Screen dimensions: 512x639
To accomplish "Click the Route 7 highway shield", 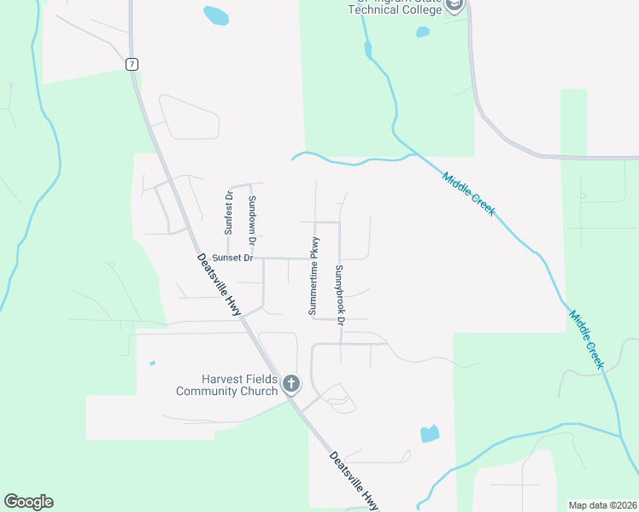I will [131, 64].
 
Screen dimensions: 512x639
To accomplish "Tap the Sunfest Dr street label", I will [229, 212].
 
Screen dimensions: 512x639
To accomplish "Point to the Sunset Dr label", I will [232, 258].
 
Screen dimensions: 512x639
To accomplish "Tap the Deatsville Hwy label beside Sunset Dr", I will [219, 285].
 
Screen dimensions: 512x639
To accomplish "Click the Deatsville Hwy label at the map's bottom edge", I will [354, 480].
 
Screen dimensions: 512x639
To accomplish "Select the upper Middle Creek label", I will [468, 193].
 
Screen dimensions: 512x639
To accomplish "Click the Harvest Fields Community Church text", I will [226, 385].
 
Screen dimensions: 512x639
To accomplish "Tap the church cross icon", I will [291, 384].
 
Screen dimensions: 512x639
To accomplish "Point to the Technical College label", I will [396, 8].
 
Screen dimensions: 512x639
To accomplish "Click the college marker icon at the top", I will [454, 6].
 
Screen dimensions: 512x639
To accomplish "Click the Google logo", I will [28, 502].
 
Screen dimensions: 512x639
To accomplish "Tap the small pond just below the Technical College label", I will [422, 32].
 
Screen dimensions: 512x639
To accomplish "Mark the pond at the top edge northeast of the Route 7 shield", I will [216, 15].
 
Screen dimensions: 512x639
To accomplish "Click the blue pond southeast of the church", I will [430, 433].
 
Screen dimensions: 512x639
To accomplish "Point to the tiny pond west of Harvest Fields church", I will [152, 364].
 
